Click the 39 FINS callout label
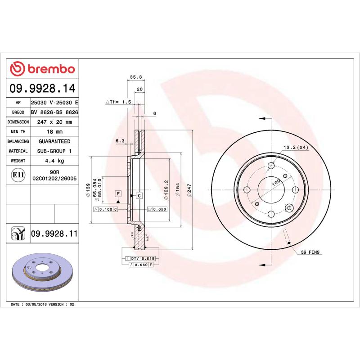tap(310, 252)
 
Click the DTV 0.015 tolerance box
tap(143, 258)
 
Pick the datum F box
tap(118, 193)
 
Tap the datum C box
tap(139, 196)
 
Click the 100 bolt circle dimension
tap(275, 181)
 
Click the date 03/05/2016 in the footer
tap(37, 305)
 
